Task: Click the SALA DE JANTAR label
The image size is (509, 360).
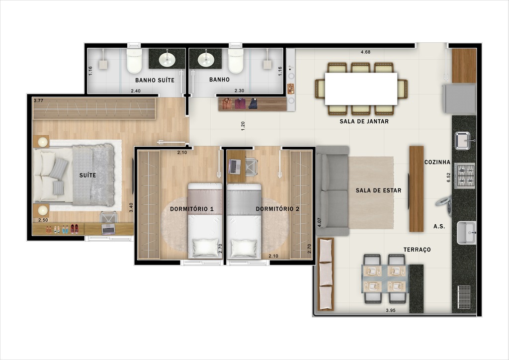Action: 364,121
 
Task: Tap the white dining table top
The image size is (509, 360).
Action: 361,89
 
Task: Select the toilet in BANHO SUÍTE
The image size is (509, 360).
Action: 134,61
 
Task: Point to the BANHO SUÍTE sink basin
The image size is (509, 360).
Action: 167,60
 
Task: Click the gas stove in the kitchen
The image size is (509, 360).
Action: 465,175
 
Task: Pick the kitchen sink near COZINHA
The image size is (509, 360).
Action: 463,141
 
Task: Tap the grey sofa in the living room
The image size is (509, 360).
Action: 332,190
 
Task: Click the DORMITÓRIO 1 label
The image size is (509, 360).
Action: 192,209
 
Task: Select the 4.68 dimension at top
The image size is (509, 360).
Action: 366,52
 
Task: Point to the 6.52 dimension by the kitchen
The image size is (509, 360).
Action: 448,178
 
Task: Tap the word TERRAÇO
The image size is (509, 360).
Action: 417,250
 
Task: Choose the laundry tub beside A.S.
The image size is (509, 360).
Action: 466,233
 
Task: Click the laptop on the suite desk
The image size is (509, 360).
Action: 108,229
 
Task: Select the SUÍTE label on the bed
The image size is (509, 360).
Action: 87,176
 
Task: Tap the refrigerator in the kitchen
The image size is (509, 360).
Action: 459,98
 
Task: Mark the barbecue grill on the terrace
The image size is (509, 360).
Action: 463,297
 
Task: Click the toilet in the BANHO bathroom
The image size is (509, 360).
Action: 236,61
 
